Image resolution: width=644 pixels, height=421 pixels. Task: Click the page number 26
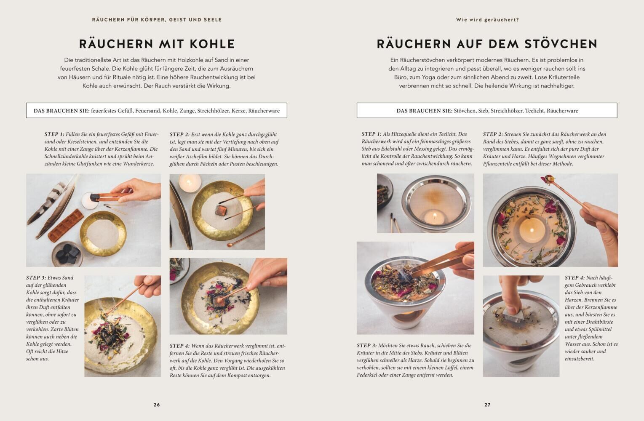tap(157, 405)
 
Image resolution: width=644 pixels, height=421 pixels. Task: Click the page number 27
tap(487, 405)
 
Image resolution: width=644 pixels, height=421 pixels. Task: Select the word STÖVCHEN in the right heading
tap(561, 44)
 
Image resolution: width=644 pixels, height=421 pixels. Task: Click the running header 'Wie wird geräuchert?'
tap(487, 19)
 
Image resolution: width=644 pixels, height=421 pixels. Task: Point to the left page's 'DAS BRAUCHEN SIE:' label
tap(61, 111)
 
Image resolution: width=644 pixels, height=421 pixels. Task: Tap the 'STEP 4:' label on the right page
tap(575, 277)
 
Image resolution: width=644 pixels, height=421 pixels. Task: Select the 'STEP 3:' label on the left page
tap(36, 277)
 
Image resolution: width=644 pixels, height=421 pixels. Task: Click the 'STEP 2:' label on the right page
tap(493, 134)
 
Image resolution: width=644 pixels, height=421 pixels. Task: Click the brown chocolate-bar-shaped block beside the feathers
tap(66, 225)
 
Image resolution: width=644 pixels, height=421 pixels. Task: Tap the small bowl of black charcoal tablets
tap(67, 253)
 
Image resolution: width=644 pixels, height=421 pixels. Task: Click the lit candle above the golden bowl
tap(190, 182)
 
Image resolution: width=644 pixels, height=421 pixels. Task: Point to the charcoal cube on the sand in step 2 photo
tap(221, 210)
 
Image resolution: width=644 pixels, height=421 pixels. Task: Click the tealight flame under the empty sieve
tap(434, 215)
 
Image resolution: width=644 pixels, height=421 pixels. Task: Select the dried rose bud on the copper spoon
tap(548, 179)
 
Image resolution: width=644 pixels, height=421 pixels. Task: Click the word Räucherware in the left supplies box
tap(264, 111)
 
